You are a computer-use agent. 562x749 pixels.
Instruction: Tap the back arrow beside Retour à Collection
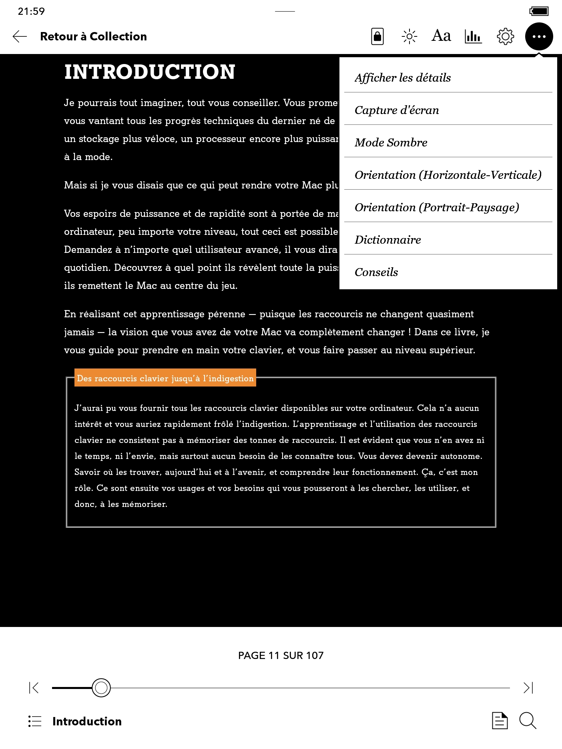(20, 36)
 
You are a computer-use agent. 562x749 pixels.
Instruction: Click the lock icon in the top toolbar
(377, 36)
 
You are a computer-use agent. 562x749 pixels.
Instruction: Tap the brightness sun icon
(409, 36)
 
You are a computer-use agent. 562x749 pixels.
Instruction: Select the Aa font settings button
(441, 36)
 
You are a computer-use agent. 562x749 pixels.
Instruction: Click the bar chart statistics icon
(473, 36)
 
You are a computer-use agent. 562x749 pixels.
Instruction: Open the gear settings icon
(505, 36)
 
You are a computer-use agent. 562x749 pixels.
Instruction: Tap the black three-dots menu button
(539, 36)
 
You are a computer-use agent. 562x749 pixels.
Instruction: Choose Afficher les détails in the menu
(403, 78)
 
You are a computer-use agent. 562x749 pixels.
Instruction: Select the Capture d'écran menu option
(397, 110)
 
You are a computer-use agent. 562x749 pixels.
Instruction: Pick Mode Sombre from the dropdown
(391, 142)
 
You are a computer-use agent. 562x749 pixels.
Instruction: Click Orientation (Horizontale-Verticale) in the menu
(448, 175)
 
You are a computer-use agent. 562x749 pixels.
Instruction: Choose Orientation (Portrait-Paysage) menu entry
(437, 207)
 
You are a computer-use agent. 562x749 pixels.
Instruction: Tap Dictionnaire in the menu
(387, 240)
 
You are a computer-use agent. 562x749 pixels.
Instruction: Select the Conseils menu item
(376, 272)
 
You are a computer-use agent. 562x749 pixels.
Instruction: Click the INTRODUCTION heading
(150, 72)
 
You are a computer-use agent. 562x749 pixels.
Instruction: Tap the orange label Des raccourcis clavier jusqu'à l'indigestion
(165, 378)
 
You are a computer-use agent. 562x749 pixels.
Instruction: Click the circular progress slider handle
(101, 688)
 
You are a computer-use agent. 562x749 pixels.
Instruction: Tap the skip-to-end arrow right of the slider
(528, 688)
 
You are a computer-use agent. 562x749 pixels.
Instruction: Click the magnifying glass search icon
(528, 721)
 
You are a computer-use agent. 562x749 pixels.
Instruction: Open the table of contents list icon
(35, 721)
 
